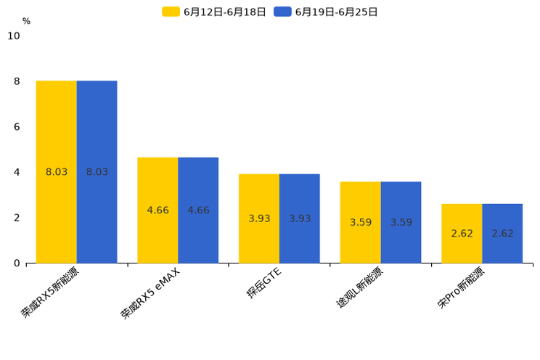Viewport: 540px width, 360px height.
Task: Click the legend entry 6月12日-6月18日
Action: pyautogui.click(x=214, y=12)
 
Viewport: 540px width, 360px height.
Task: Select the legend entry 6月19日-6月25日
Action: pyautogui.click(x=326, y=12)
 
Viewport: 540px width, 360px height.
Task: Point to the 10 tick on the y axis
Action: pyautogui.click(x=14, y=36)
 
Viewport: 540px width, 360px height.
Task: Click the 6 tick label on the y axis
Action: pyautogui.click(x=17, y=127)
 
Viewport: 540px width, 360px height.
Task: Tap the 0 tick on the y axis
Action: pyautogui.click(x=17, y=263)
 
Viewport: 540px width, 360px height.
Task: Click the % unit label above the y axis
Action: pyautogui.click(x=26, y=21)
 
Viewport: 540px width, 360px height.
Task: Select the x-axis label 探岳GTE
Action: pyautogui.click(x=263, y=283)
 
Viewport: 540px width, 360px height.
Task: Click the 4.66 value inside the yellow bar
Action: pyautogui.click(x=157, y=210)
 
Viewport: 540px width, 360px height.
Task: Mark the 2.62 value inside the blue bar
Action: pyautogui.click(x=502, y=234)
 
